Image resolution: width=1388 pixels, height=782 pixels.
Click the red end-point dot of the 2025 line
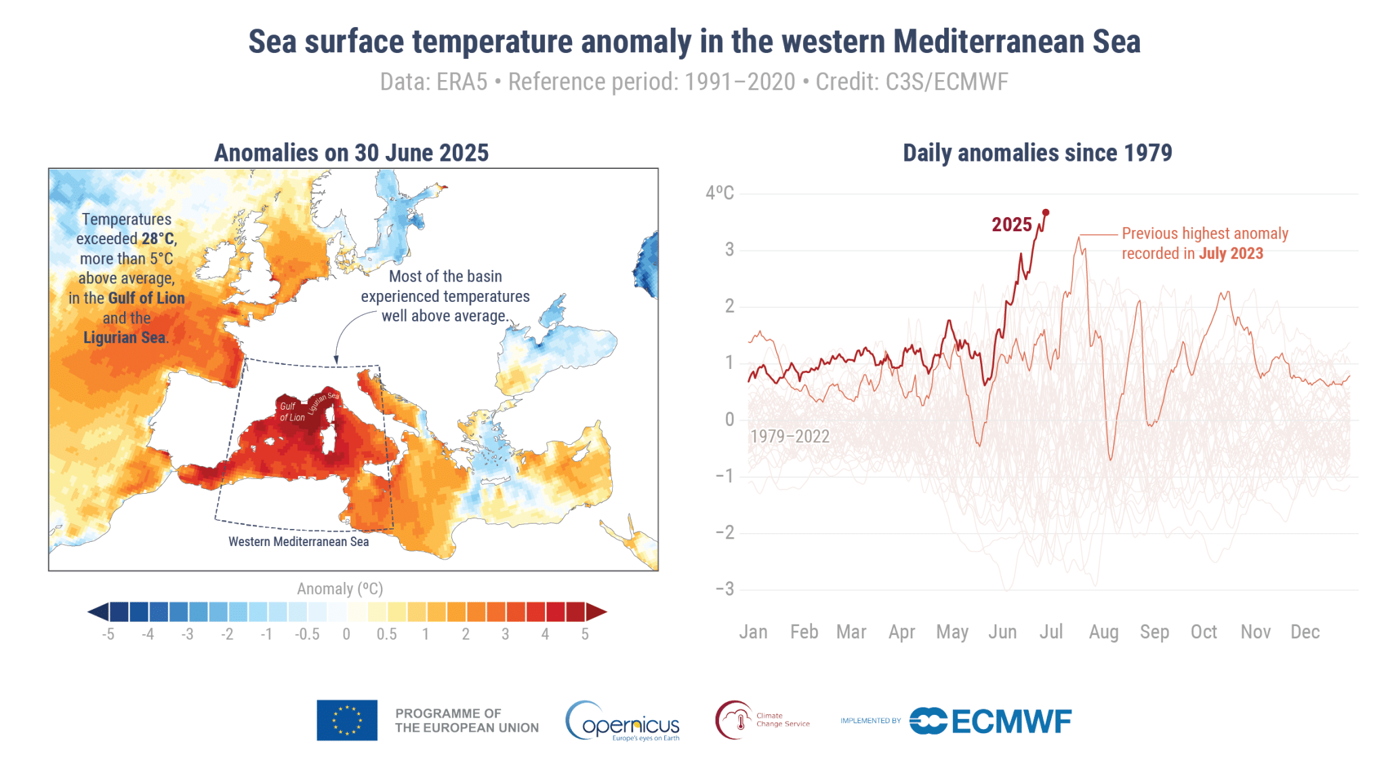1045,212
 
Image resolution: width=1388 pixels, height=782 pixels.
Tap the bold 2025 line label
1011,225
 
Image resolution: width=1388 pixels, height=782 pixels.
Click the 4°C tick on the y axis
719,193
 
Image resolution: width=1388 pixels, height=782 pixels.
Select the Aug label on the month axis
1103,632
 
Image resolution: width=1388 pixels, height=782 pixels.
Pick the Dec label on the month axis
1305,632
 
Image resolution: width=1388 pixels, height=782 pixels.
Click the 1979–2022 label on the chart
790,436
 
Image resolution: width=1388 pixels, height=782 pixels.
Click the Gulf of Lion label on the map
291,412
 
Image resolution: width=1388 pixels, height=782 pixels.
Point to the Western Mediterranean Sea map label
298,542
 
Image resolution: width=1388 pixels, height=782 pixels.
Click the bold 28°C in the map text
159,239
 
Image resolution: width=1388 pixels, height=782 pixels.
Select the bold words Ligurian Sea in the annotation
125,338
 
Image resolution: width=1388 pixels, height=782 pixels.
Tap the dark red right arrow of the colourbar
596,612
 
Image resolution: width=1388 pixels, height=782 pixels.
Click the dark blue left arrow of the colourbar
98,612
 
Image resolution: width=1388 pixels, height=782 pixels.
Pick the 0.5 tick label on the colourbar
386,634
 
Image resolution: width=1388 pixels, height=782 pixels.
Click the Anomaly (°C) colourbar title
340,589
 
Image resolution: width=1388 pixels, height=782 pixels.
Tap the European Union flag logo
347,720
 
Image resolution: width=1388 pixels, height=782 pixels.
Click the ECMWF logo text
1011,722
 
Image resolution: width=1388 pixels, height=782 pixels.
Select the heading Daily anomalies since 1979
1037,153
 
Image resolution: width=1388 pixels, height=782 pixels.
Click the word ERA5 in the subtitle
462,82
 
